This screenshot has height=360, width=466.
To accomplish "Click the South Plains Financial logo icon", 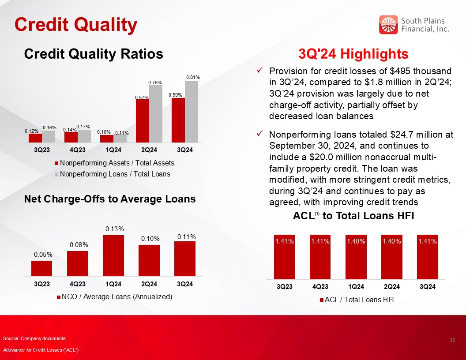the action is point(388,25).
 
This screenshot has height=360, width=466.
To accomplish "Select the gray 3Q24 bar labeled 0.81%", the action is point(192,112).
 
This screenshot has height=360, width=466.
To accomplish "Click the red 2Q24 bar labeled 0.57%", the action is point(143,121).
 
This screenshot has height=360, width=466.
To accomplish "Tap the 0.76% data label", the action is point(155,82).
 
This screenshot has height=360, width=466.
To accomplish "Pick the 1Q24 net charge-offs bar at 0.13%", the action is point(113,255).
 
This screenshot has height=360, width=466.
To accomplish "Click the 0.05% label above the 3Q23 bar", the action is point(43,254).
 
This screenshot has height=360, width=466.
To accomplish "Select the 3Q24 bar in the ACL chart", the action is point(427,257).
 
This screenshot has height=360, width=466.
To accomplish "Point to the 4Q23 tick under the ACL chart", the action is point(320,287).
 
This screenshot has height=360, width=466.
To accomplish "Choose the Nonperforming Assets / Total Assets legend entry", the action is point(114,163).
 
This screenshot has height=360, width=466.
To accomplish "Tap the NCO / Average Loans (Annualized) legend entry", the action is point(115,297).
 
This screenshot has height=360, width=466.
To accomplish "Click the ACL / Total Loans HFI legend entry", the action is point(357,300).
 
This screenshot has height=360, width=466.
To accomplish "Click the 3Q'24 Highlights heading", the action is point(353,54).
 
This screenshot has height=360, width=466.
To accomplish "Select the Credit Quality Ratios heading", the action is point(94,54).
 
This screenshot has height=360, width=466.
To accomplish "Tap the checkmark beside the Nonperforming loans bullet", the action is point(259,134).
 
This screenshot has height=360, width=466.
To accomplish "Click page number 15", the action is point(452,341).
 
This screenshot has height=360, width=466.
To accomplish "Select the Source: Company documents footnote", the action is point(34,339).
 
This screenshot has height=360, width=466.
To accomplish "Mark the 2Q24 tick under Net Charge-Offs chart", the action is point(149,284).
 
